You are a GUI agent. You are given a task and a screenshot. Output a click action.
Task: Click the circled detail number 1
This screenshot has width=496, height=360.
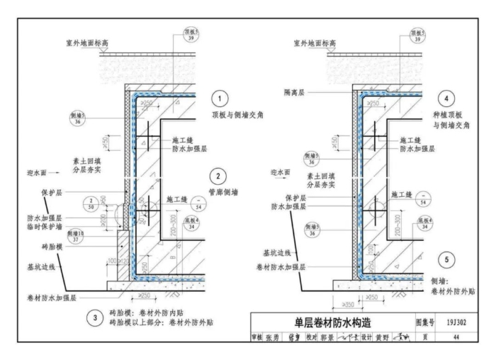click(x=220, y=99)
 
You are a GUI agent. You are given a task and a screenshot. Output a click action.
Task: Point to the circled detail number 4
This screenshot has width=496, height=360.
click(x=446, y=99)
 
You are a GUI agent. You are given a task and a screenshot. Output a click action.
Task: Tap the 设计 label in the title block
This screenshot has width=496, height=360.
click(x=366, y=337)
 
